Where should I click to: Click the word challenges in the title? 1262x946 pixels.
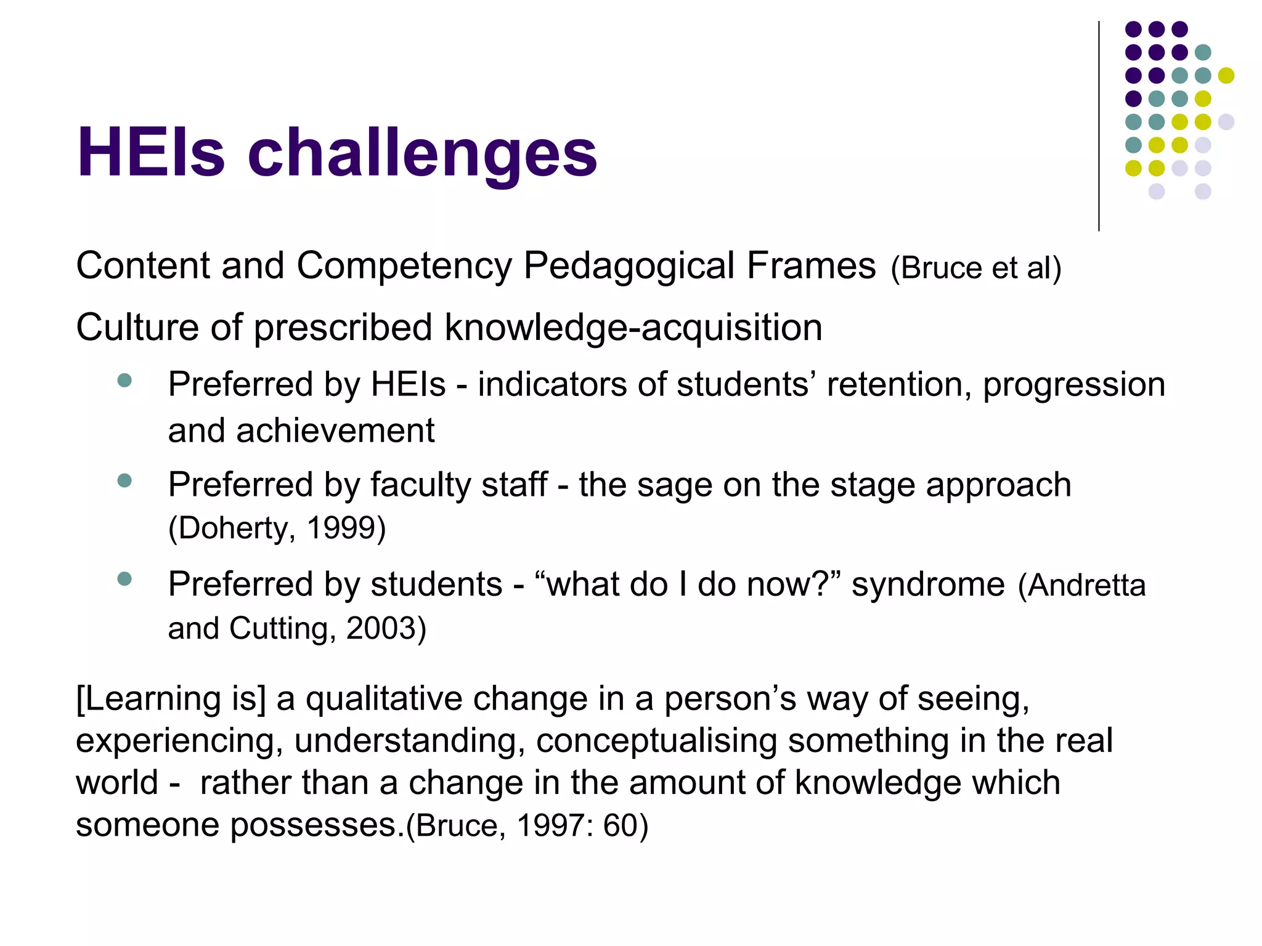tap(422, 153)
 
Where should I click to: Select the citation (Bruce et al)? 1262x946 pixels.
tap(976, 269)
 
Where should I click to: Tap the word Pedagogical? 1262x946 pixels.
tap(629, 266)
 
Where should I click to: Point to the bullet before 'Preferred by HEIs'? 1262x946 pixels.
tap(124, 380)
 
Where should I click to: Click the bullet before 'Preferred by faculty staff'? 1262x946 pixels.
tap(124, 480)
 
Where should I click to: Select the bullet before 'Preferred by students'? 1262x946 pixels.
tap(124, 579)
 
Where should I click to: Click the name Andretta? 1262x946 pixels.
tap(1087, 585)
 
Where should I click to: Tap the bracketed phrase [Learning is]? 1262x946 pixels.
tap(171, 699)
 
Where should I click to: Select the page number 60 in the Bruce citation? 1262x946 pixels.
tap(619, 826)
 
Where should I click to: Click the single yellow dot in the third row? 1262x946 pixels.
tap(1226, 75)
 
